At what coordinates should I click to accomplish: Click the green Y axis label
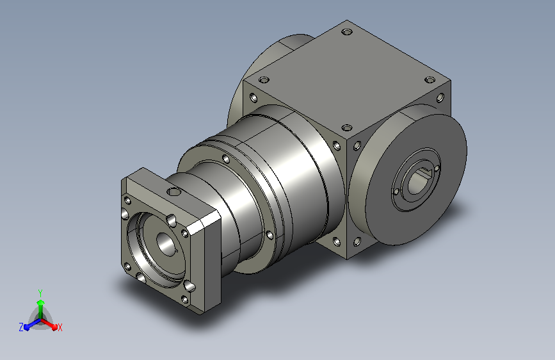click(x=40, y=293)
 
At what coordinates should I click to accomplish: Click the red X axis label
click(x=60, y=327)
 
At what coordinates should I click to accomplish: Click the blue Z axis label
click(x=21, y=327)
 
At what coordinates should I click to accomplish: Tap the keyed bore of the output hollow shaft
click(x=419, y=181)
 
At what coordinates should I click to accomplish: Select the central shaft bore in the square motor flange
click(x=163, y=243)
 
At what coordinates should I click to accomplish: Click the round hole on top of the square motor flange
click(x=173, y=192)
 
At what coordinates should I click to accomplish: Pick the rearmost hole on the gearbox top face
click(x=347, y=32)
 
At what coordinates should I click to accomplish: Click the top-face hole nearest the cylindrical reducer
click(x=347, y=127)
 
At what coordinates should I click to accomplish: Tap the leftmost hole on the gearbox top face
click(x=264, y=79)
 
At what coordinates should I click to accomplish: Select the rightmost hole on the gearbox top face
click(x=430, y=79)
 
